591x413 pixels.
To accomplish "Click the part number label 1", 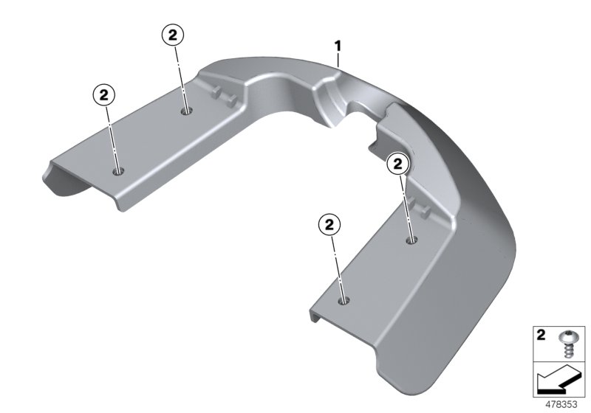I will click(x=338, y=46).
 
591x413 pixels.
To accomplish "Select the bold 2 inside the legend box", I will click(x=541, y=336).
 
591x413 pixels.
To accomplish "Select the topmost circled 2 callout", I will click(x=171, y=35).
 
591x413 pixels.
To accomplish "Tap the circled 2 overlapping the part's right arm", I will click(x=397, y=163).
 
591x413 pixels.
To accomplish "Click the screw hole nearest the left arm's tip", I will click(x=118, y=171).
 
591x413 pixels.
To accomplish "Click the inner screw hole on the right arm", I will click(x=411, y=240).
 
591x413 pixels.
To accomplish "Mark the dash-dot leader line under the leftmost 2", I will click(x=112, y=136).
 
